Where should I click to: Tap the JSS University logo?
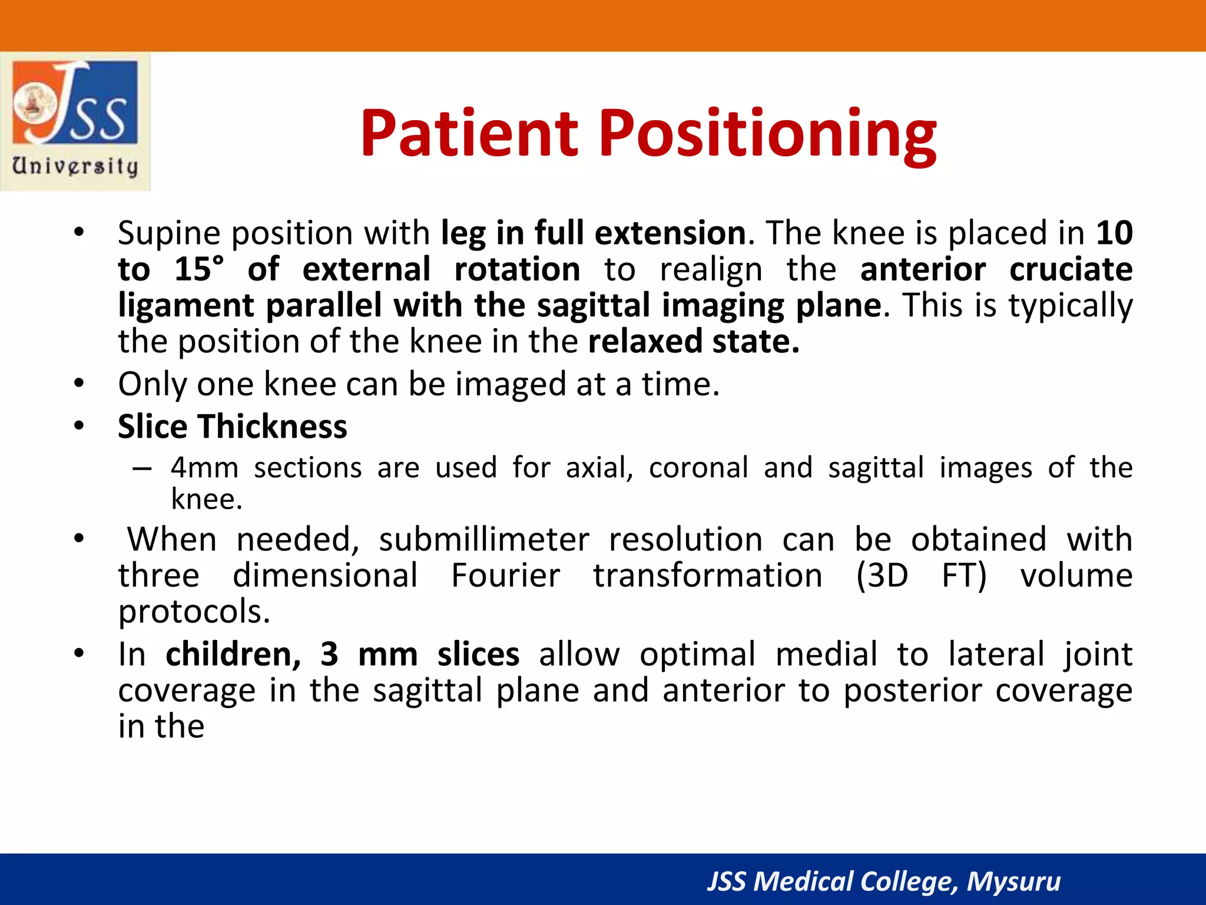[x=75, y=121]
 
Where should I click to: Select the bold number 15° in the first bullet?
[x=199, y=269]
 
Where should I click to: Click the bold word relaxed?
[x=645, y=342]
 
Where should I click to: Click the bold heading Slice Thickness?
[x=232, y=427]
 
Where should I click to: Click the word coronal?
[x=698, y=468]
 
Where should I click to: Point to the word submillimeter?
[x=483, y=540]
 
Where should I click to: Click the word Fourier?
[x=505, y=576]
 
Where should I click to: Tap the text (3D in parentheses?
[x=882, y=576]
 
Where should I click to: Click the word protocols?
[x=194, y=612]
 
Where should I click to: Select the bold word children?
[x=233, y=655]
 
